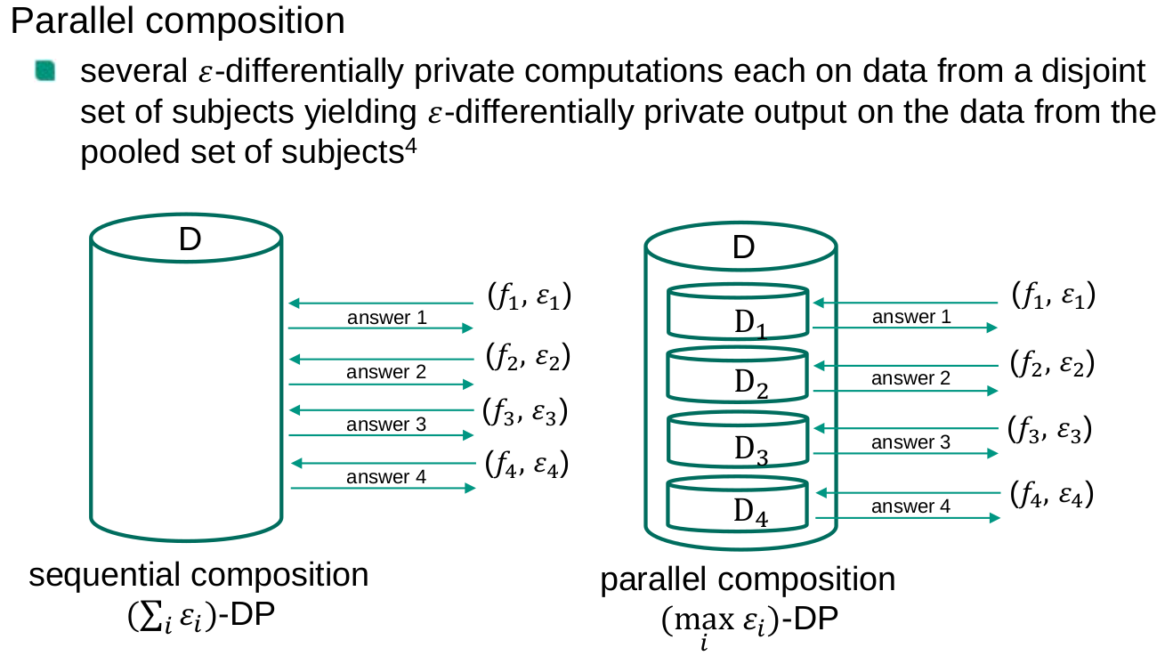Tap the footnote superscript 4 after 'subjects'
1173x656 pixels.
(411, 146)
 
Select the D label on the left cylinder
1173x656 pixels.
(190, 239)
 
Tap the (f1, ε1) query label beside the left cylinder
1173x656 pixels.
(529, 296)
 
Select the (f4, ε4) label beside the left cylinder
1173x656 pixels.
(527, 464)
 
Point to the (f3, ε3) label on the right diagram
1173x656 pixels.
(1049, 430)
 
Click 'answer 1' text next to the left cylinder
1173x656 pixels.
(386, 317)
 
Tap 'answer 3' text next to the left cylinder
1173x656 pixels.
(386, 425)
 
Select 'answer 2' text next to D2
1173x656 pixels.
(910, 378)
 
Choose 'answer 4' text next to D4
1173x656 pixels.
(910, 506)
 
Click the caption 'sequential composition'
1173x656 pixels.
(199, 575)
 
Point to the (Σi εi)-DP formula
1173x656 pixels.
(199, 616)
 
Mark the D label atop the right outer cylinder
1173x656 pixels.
(743, 248)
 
